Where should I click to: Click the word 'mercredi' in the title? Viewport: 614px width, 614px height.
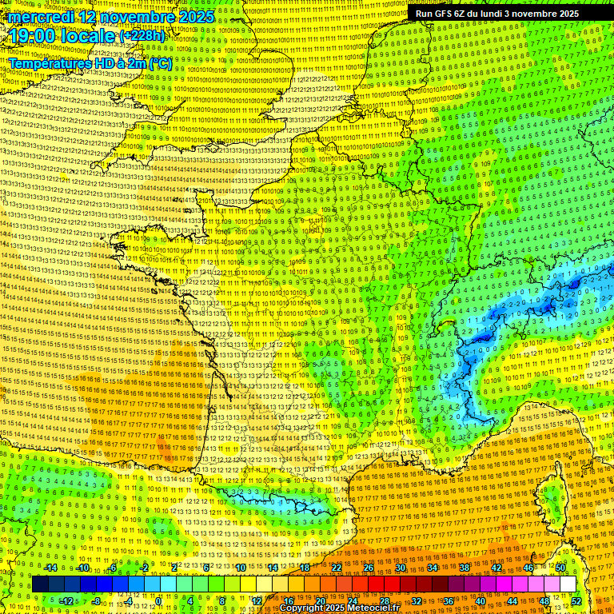coord(39,17)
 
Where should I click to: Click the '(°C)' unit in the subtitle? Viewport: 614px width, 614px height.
coord(159,62)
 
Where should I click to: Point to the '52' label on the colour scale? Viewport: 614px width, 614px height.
coord(576,600)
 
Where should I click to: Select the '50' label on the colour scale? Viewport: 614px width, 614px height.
coord(560,568)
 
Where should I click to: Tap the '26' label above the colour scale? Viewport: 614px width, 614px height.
coord(369,568)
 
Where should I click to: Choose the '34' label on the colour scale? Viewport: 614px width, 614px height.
coord(433,568)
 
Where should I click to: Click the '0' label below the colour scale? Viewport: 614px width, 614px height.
coord(160,600)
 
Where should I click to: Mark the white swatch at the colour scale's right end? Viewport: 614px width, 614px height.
coord(568,584)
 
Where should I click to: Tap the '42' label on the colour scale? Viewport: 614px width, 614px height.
coord(496,568)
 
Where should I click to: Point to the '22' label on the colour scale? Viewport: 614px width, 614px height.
coord(337,568)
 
